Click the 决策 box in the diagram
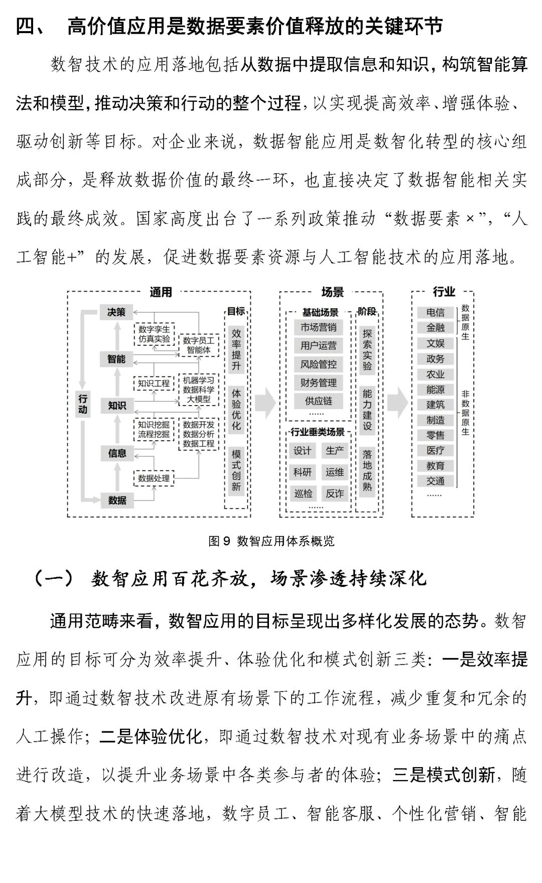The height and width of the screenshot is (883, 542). [x=116, y=312]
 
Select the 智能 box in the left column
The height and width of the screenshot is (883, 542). [x=116, y=359]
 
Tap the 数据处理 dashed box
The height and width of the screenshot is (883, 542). [x=154, y=478]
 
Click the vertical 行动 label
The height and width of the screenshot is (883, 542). [x=83, y=404]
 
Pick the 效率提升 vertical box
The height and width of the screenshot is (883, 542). [x=236, y=349]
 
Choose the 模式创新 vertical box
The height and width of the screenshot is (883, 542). [x=236, y=470]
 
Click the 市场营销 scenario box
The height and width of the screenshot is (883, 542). [x=318, y=327]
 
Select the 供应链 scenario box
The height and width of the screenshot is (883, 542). [x=318, y=401]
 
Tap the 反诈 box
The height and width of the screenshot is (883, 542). [x=334, y=493]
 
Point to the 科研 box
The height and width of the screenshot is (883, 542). [x=302, y=472]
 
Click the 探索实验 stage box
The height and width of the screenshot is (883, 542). [x=367, y=349]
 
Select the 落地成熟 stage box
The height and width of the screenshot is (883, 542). [x=367, y=470]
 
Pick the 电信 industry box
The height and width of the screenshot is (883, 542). [x=435, y=312]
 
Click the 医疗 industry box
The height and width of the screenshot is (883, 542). [x=435, y=450]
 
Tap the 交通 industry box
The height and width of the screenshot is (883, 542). [x=435, y=481]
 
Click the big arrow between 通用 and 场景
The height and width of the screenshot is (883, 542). [x=265, y=403]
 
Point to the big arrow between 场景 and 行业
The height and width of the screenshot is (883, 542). [x=397, y=403]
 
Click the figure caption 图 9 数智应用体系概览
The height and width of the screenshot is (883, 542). [x=271, y=541]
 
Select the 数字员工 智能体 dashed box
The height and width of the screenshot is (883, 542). [x=199, y=345]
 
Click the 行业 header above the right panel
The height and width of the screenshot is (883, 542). [x=444, y=292]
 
